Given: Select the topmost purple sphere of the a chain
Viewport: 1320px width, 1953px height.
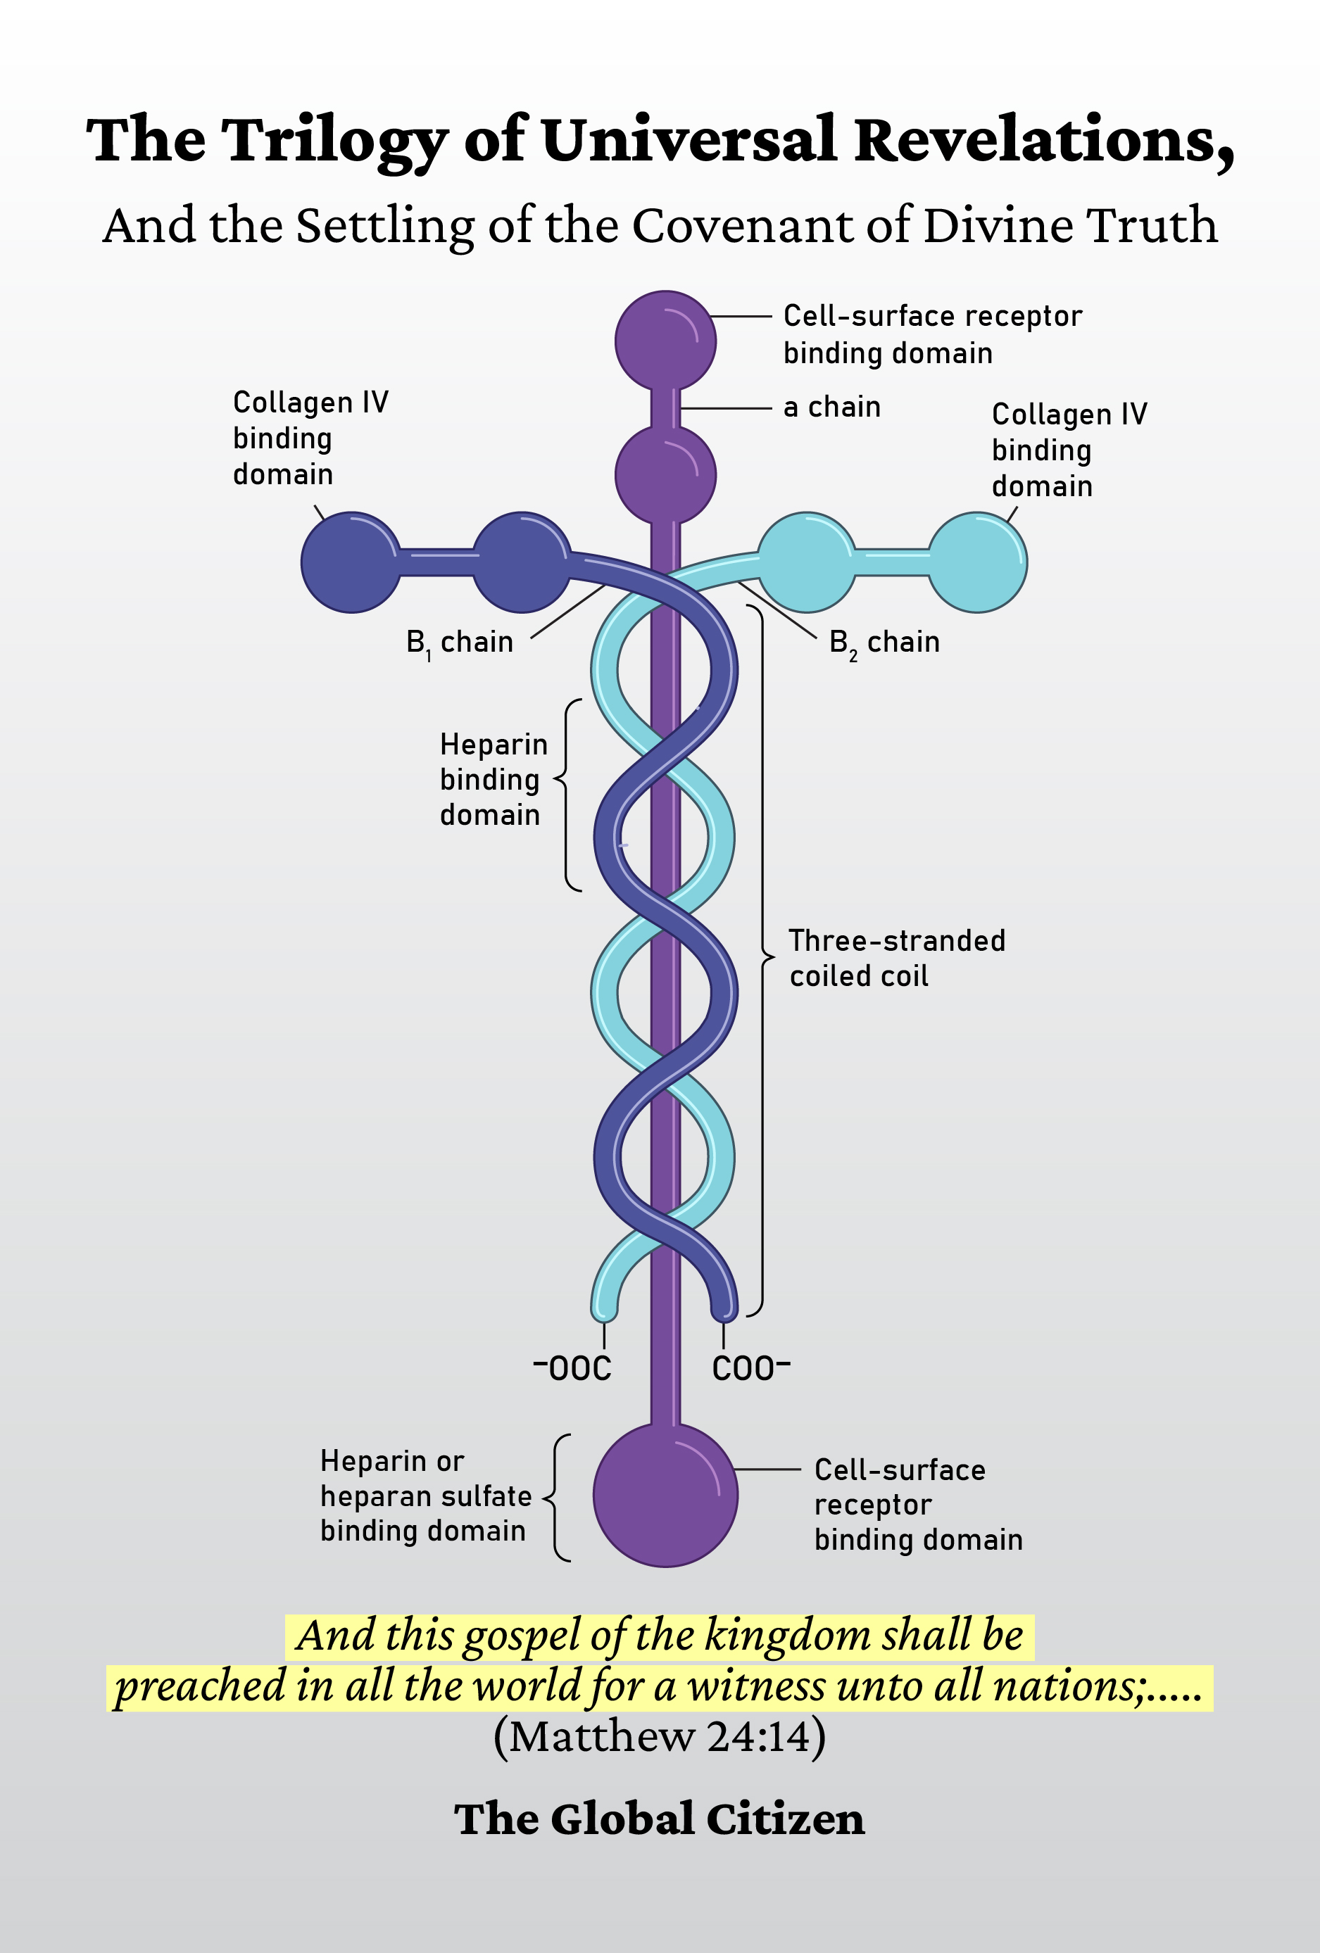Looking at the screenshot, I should point(665,341).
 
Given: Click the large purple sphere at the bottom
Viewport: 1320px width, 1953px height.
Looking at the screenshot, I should point(665,1495).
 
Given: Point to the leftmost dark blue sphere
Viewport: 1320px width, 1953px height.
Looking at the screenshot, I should point(351,562).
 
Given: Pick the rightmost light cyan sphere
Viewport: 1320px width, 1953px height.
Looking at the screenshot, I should point(977,562).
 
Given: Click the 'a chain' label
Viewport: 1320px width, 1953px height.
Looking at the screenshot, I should point(831,407).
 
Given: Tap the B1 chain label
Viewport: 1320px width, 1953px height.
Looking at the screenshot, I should point(460,642).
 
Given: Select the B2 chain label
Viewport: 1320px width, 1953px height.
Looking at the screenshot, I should point(884,642).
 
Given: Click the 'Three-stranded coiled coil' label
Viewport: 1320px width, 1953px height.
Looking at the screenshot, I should point(896,958).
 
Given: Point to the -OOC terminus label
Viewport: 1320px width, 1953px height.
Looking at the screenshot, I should point(573,1369).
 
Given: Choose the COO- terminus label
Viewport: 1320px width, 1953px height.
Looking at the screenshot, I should point(750,1369).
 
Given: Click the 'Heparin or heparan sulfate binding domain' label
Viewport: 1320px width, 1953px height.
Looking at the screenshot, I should point(425,1496).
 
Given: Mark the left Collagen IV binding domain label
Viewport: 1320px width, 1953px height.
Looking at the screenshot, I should point(310,438).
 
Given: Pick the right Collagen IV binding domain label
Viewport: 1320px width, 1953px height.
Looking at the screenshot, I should point(1069,450).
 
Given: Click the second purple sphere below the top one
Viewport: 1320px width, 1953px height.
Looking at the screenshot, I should point(665,475).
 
